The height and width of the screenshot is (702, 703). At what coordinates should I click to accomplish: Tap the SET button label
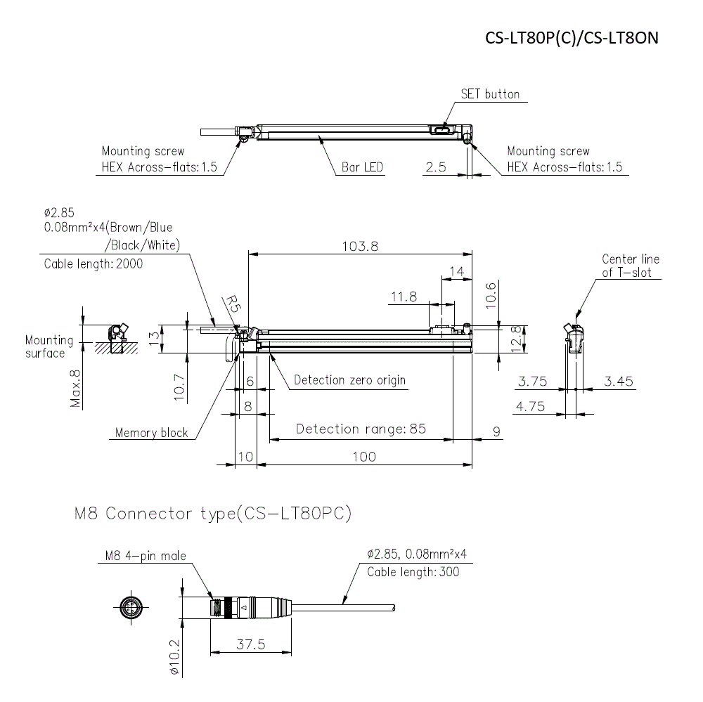490,94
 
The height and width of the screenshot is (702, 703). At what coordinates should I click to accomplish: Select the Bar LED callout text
362,167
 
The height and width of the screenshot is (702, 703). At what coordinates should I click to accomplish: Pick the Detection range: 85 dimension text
361,429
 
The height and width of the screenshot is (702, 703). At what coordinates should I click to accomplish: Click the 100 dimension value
363,457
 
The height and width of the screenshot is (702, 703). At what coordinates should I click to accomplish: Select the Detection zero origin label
349,380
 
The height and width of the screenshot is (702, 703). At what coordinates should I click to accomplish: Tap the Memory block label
151,433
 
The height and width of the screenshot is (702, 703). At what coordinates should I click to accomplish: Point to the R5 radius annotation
232,304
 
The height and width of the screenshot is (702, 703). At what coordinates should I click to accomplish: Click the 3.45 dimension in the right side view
619,382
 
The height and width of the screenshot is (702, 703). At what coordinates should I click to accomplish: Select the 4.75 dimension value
533,406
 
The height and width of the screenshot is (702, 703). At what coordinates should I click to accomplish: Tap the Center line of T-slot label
631,266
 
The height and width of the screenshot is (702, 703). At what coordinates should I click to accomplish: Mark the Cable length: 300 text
413,572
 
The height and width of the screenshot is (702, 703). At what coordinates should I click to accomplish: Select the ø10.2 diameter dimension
176,656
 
